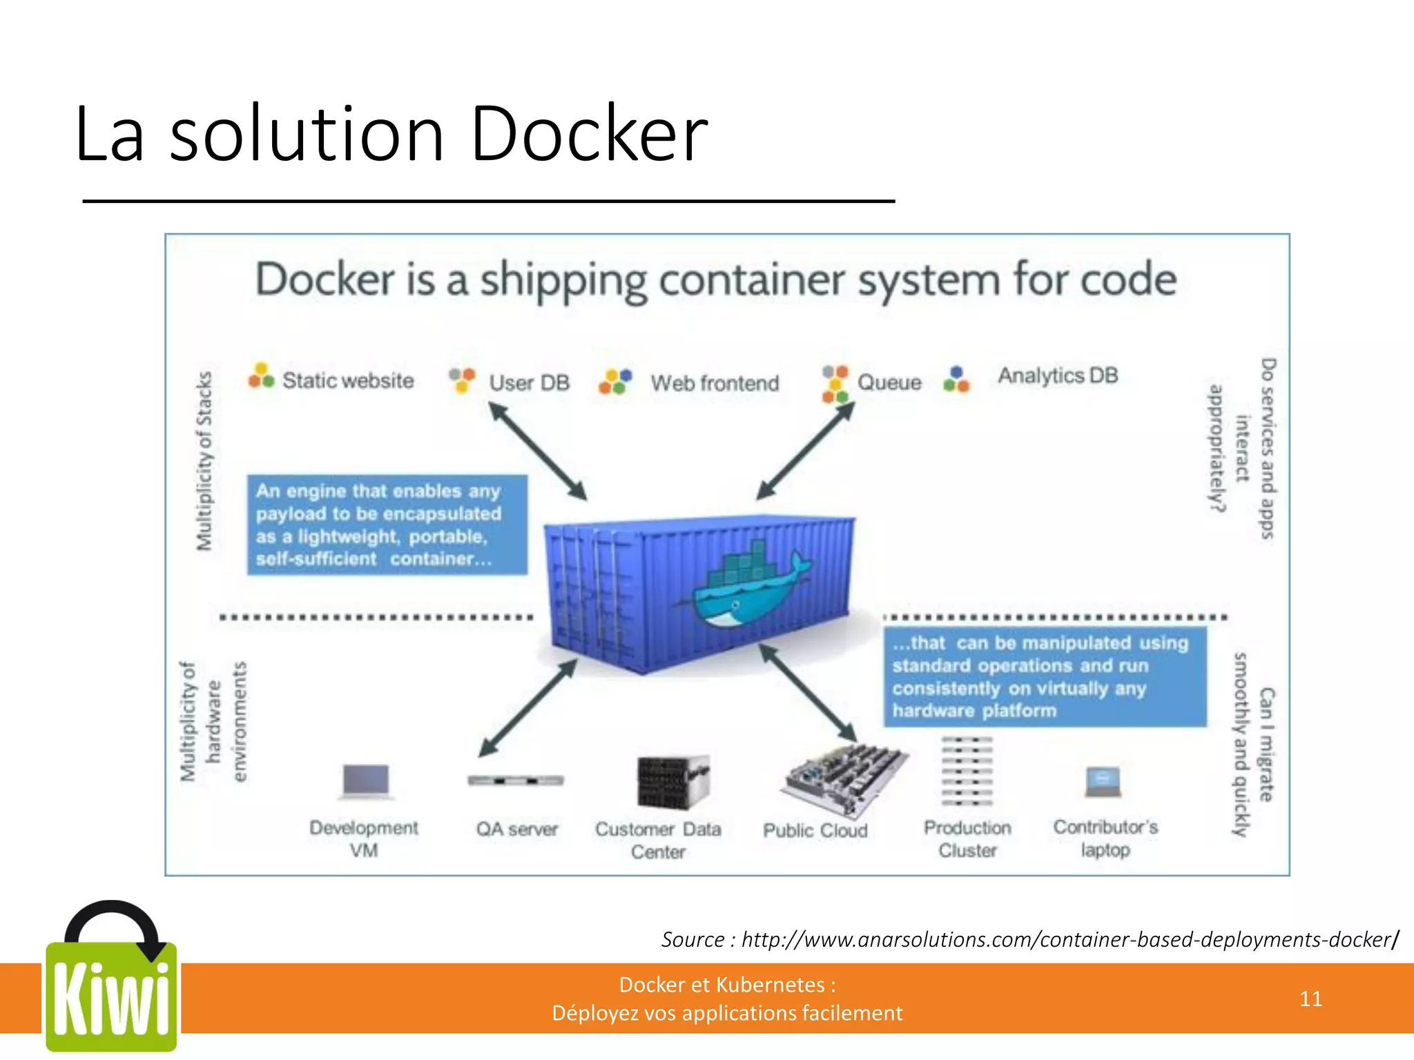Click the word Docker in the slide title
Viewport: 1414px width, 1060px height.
588,135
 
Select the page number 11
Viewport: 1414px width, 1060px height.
1310,999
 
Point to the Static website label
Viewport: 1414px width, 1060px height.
347,380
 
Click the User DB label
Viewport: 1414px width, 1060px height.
529,382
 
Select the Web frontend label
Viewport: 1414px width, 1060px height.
715,383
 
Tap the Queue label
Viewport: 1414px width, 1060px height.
889,382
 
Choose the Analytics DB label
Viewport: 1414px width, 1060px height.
1057,375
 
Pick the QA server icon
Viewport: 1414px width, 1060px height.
516,781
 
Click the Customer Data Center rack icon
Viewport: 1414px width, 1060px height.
672,782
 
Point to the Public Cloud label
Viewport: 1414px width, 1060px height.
815,830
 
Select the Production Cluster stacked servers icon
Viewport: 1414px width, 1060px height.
967,771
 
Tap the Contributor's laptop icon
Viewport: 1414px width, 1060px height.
1103,782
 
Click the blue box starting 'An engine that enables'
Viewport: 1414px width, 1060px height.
387,524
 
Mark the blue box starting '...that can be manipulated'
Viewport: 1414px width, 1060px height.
1045,676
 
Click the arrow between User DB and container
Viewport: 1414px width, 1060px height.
538,451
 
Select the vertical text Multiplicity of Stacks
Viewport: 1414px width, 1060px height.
204,461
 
